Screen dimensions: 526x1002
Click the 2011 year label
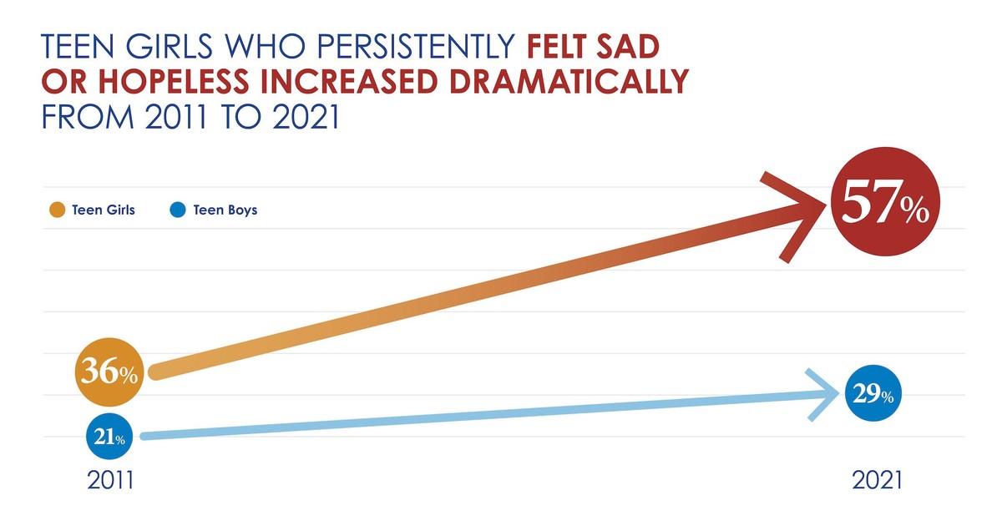coord(113,482)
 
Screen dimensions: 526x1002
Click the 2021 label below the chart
coord(877,482)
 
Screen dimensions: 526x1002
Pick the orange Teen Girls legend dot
coord(57,210)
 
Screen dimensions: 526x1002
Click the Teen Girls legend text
coord(104,210)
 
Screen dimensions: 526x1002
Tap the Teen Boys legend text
coord(225,210)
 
